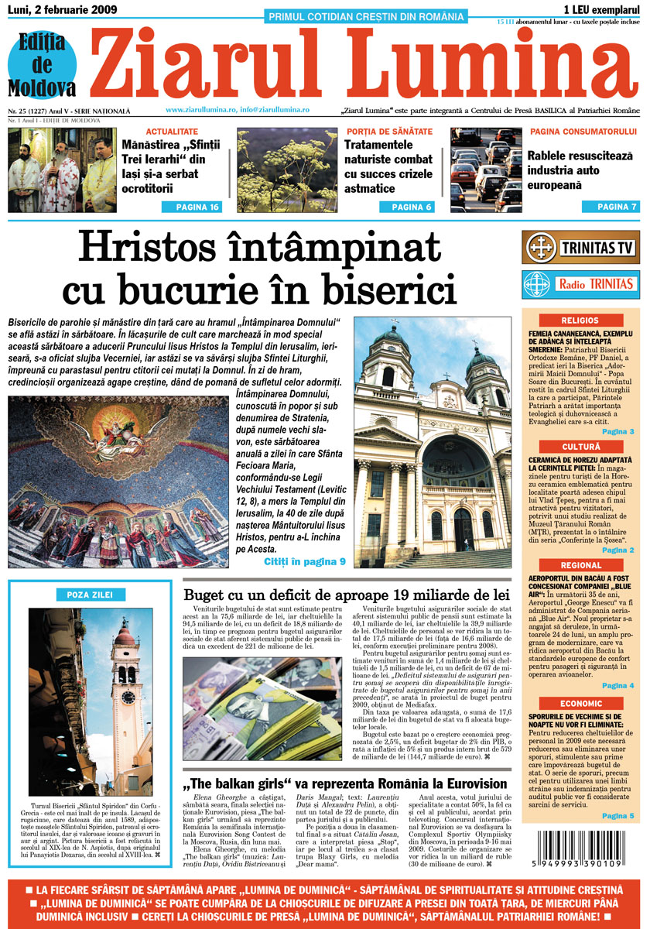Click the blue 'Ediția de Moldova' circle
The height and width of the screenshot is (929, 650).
tap(43, 65)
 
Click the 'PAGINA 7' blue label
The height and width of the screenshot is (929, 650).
tap(611, 207)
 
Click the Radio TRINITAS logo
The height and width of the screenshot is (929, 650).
tap(581, 283)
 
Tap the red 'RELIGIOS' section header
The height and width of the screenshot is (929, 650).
tap(581, 321)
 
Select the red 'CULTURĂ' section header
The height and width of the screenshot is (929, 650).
tap(581, 447)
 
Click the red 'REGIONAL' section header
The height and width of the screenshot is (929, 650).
tap(581, 566)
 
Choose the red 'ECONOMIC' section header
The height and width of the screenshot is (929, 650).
tap(581, 704)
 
